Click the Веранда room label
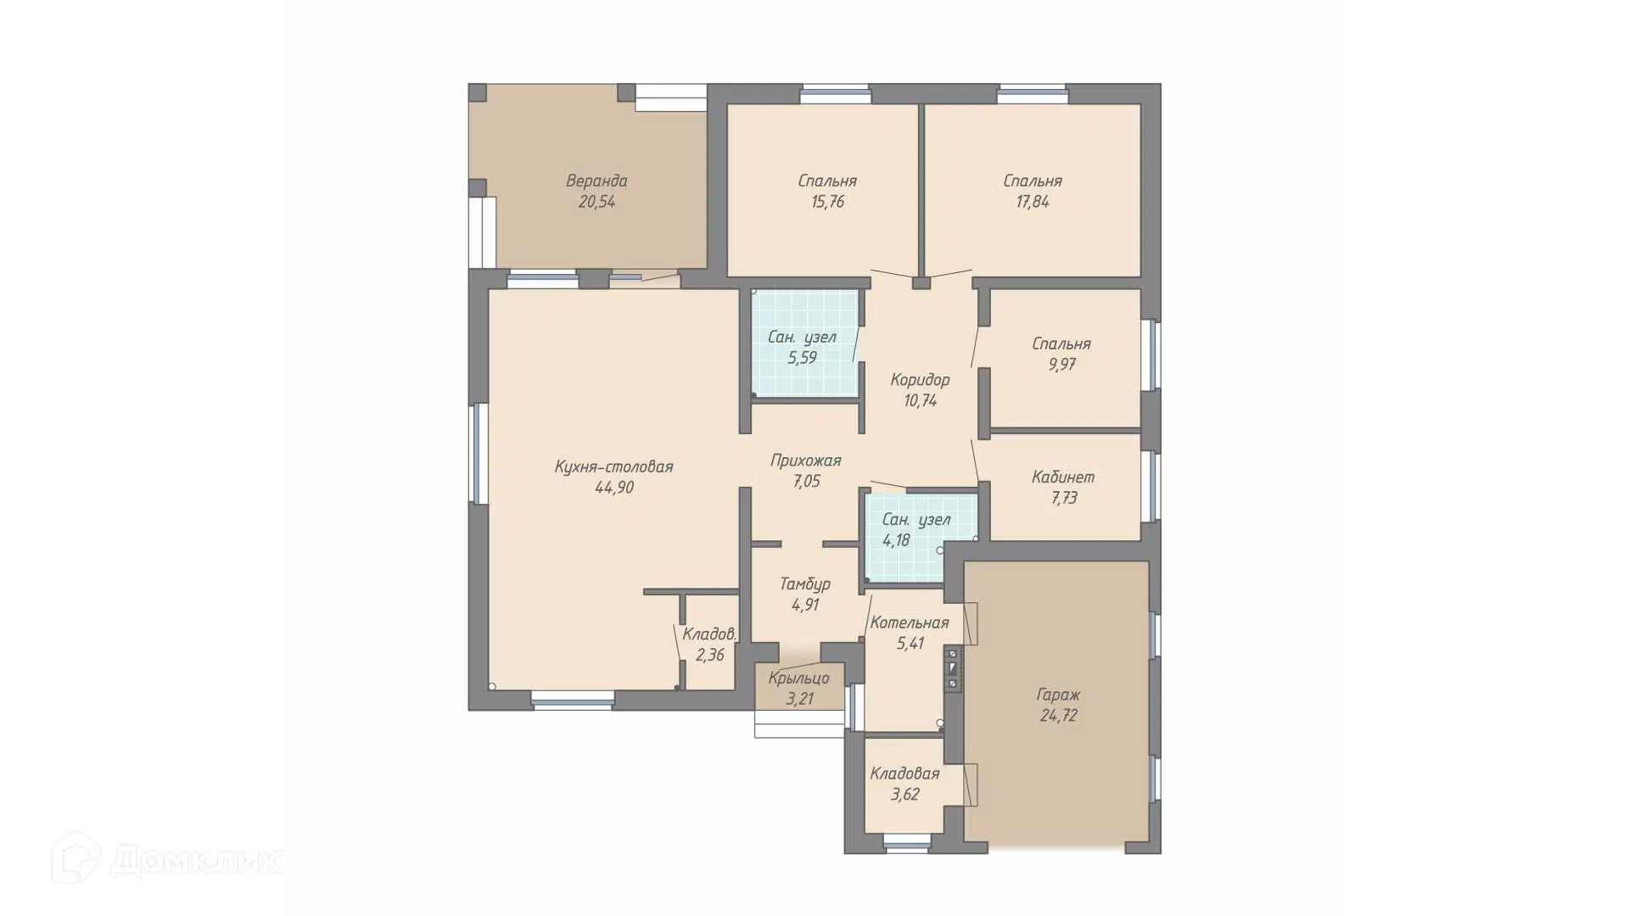click(x=596, y=181)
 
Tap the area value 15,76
click(x=827, y=202)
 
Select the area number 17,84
click(x=1033, y=202)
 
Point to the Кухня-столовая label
click(x=613, y=466)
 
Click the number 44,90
click(x=614, y=488)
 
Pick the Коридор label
click(x=920, y=380)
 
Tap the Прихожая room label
click(x=806, y=461)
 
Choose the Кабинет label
click(x=1063, y=477)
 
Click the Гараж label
click(x=1058, y=695)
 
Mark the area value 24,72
click(x=1058, y=716)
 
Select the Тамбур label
click(x=805, y=584)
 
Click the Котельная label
click(x=910, y=623)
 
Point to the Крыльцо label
click(x=798, y=678)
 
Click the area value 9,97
click(x=1061, y=365)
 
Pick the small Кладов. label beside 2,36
click(x=709, y=634)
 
